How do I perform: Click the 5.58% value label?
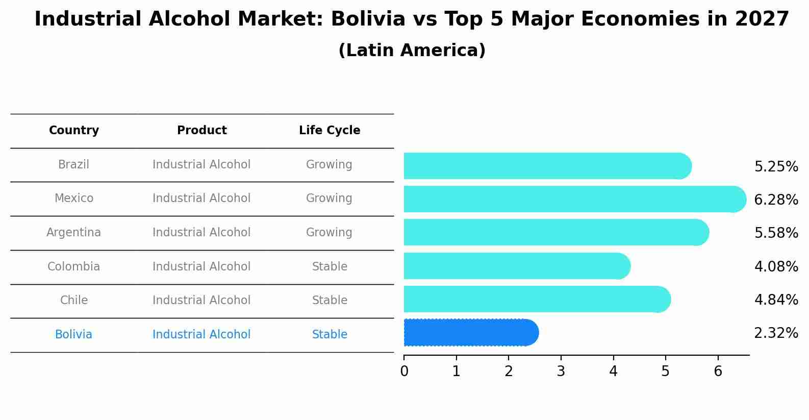pos(776,233)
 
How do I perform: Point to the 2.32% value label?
pos(776,333)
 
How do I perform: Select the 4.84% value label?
pos(776,300)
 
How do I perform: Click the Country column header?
pos(74,131)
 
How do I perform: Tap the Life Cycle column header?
pos(330,131)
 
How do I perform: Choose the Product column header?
pos(201,131)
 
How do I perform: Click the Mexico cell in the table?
pos(74,199)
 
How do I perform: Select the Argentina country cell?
pos(74,233)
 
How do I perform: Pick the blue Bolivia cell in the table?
pos(74,335)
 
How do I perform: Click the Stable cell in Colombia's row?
pos(330,267)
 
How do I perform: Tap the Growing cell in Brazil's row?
pos(329,165)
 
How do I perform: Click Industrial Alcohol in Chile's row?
pos(201,301)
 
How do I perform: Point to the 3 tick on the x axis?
pos(561,372)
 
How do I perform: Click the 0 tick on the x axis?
pos(404,372)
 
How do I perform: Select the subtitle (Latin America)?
pos(412,51)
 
